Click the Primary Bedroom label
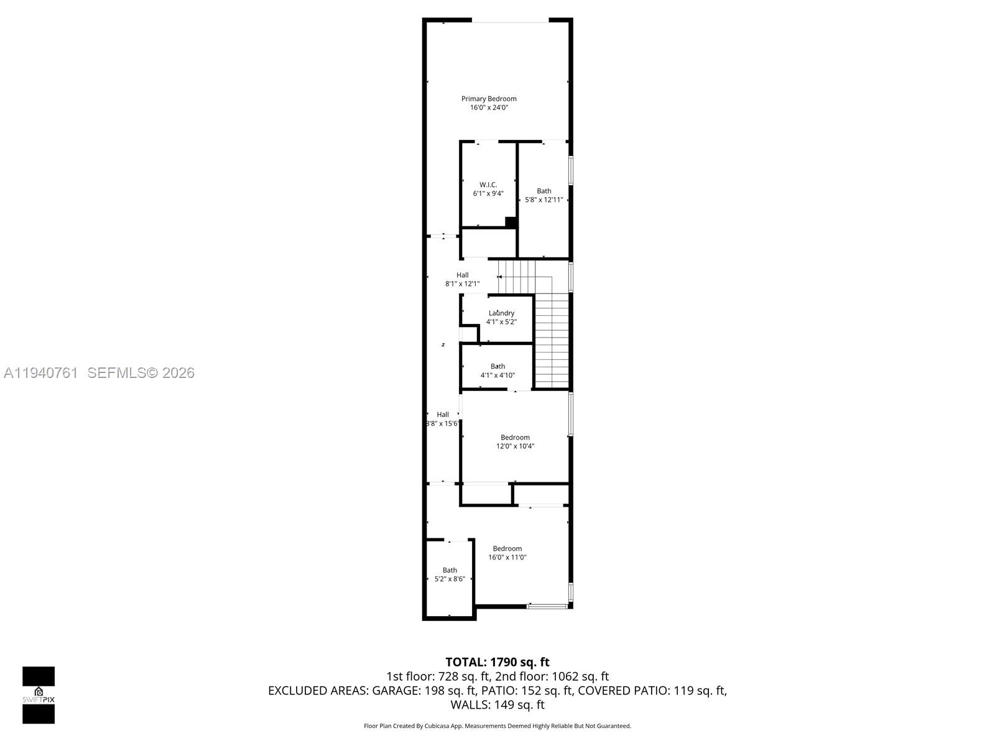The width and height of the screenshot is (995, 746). pos(489,99)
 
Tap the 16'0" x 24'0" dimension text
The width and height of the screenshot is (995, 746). pos(489,108)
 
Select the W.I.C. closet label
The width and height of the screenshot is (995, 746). pos(488,185)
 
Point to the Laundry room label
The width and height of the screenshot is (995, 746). pos(501,313)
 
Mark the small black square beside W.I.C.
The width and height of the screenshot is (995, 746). pos(511,222)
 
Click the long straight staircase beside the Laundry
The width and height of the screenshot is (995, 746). pos(552,341)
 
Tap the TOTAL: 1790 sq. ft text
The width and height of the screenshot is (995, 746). pos(497,662)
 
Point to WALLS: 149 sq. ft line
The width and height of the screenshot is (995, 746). pos(497,705)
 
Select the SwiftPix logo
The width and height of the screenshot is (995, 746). pos(39,695)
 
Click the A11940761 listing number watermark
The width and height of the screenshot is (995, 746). pos(40,373)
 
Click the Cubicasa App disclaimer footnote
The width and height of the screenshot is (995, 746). pos(497,726)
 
